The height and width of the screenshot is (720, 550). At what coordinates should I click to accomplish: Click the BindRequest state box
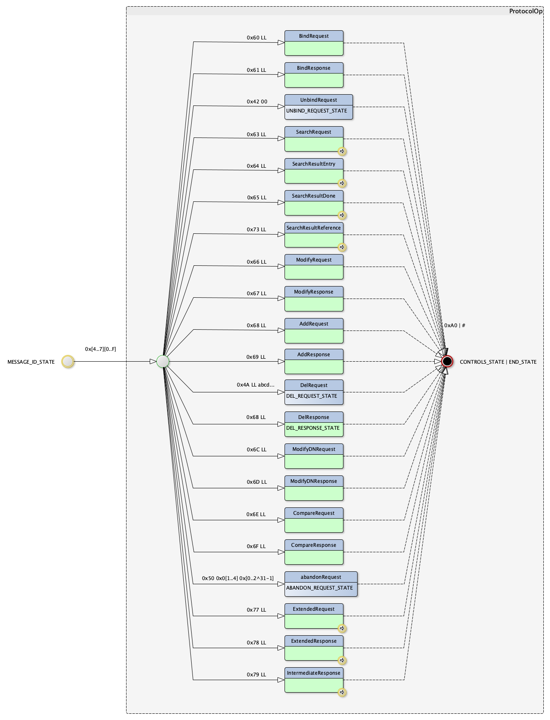[x=314, y=43]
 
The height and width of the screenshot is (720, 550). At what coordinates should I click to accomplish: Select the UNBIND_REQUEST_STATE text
[x=316, y=111]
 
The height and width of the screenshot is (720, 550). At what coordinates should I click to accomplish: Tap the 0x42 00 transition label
[x=257, y=102]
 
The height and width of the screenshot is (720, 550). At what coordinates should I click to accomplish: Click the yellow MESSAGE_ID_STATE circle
[x=68, y=362]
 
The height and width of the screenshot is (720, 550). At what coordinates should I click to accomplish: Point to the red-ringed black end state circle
[x=447, y=362]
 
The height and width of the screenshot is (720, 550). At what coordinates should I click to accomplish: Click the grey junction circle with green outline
[x=163, y=362]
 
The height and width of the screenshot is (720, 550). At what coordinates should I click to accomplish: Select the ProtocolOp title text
[x=526, y=11]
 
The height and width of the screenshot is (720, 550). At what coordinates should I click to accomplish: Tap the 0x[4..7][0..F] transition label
[x=100, y=349]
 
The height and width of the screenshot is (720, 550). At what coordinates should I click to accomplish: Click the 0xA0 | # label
[x=455, y=326]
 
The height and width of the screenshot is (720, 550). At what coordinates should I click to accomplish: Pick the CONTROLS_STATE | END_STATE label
[x=498, y=362]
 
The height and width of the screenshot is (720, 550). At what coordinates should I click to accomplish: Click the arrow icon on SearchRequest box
[x=342, y=151]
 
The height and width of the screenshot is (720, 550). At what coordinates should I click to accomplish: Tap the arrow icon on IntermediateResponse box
[x=342, y=692]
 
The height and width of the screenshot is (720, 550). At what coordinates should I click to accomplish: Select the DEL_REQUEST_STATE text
[x=312, y=396]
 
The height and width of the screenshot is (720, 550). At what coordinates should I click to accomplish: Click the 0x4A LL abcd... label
[x=256, y=385]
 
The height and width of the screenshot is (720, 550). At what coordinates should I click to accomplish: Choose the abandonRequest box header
[x=321, y=577]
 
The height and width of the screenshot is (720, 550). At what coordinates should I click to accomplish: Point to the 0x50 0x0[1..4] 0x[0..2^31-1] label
[x=238, y=578]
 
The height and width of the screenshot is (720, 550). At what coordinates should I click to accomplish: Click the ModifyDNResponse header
[x=314, y=481]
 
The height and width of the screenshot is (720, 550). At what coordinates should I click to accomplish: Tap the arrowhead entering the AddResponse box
[x=281, y=362]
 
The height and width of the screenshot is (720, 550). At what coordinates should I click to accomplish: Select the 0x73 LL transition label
[x=256, y=230]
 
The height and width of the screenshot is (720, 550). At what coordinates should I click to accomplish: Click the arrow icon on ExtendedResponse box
[x=342, y=660]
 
